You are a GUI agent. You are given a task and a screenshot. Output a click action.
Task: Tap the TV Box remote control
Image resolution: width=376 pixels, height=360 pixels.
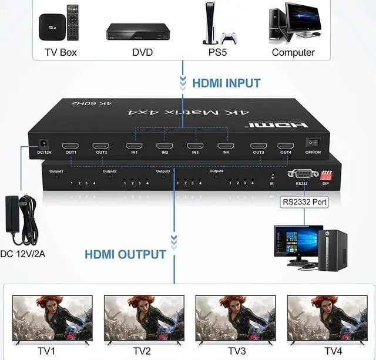(72, 22)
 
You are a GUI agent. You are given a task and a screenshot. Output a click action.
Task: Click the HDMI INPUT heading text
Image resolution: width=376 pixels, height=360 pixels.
(226, 83)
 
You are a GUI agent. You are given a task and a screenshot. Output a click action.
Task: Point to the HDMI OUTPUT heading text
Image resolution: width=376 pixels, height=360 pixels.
(125, 254)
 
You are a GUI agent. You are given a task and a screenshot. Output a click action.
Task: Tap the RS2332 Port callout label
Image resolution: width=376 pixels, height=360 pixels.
(304, 203)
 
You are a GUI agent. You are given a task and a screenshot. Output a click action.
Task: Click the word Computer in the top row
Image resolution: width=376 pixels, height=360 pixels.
(293, 52)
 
